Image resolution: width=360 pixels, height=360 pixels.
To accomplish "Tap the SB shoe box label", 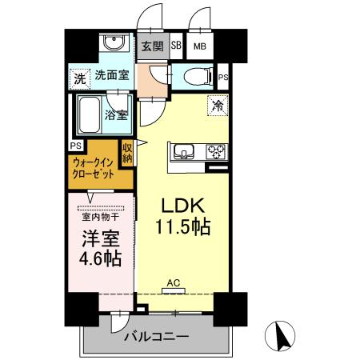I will coord(175,46).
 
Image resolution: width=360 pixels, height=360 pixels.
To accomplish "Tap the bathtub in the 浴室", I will coord(90,114).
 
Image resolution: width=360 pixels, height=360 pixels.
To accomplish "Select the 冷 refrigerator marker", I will coord(217,104).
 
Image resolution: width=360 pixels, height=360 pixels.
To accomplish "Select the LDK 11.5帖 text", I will coord(182,214).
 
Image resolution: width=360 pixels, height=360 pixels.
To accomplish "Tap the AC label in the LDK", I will coord(174,282).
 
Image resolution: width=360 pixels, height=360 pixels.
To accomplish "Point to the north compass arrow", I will coord(282,334).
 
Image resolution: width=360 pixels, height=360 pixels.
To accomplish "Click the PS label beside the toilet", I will coord(223,78).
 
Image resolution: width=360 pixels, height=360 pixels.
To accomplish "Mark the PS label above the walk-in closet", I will coord(74,145).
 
